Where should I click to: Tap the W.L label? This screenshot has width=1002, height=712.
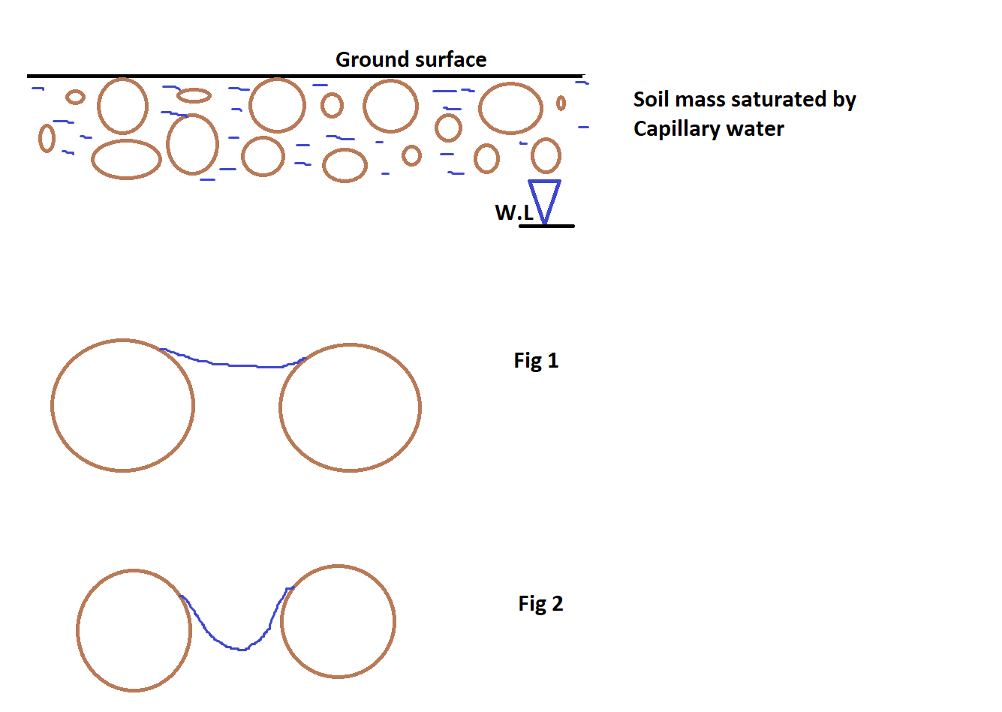point(513,213)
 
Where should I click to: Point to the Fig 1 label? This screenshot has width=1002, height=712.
point(536,361)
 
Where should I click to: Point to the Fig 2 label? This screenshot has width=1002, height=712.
point(540,604)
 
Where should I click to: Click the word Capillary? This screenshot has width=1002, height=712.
point(676,129)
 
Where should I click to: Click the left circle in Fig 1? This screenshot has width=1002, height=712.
point(122,405)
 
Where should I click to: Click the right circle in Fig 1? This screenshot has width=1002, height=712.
point(350,407)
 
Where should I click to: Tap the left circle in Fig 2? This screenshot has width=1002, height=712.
point(134,630)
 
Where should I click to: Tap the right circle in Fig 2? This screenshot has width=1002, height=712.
point(338,621)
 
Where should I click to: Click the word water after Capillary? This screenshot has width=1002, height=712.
point(755,129)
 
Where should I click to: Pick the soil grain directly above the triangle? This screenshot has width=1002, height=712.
point(546,156)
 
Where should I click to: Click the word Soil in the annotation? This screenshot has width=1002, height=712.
point(650,100)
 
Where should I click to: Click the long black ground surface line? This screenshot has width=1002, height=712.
point(225,76)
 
